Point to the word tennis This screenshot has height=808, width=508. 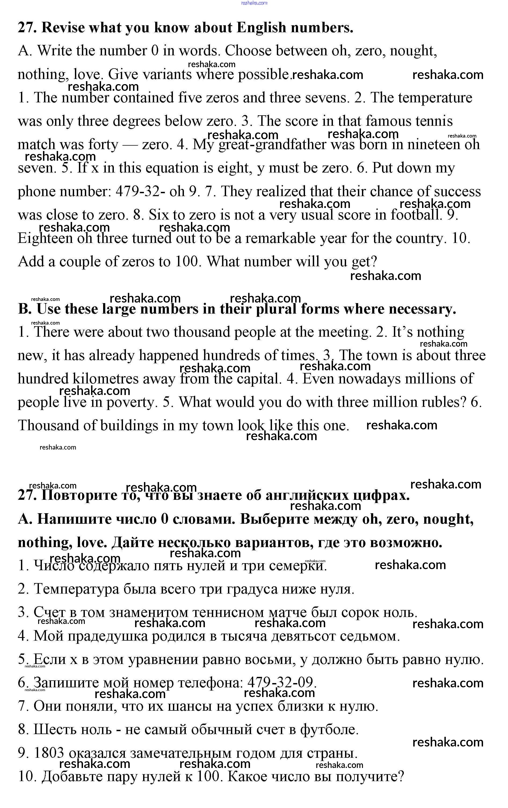434,121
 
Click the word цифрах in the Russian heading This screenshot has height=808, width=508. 381,496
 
